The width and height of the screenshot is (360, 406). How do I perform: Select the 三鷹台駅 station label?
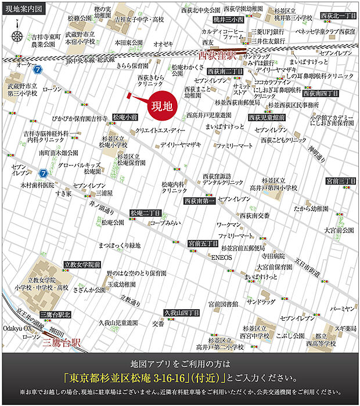pos(63,342)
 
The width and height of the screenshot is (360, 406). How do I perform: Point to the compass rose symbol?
pos(17,35)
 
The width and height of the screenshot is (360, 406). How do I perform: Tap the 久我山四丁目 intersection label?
pos(182,313)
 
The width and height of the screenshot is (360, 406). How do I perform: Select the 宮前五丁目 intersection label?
pos(203,244)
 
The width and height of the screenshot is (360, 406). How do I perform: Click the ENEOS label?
pos(221,256)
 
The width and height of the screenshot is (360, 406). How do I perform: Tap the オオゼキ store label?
pos(163,43)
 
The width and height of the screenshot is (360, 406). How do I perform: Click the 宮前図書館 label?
pos(224,303)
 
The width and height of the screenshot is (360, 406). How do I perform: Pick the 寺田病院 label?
pos(272,255)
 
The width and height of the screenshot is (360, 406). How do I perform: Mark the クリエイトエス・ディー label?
pos(160,131)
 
